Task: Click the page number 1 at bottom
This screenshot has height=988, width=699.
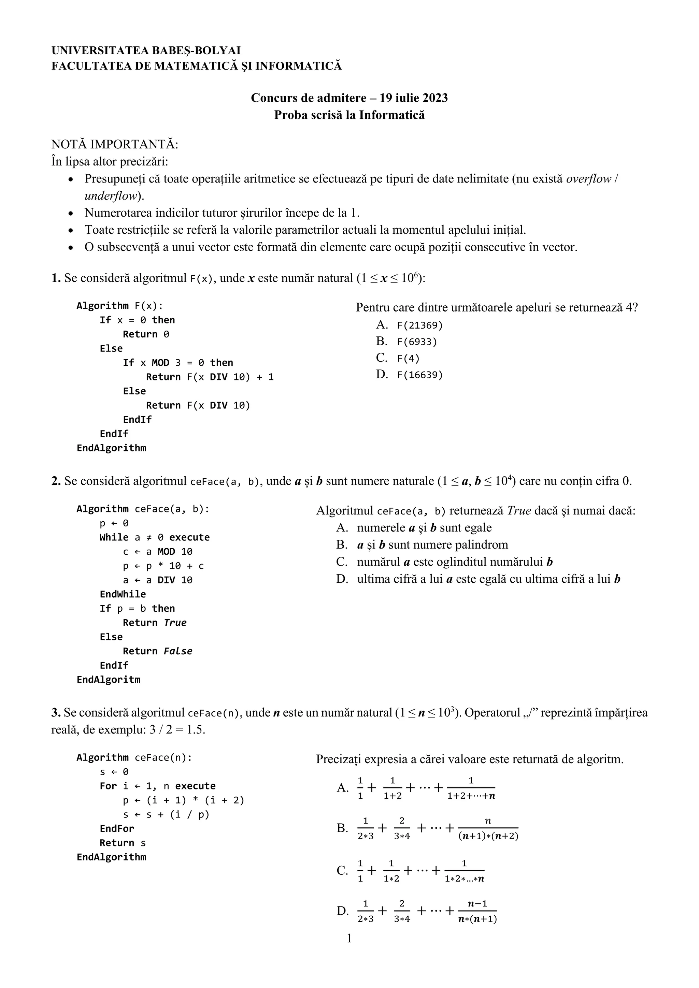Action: click(x=349, y=938)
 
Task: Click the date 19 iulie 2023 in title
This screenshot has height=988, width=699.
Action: click(x=414, y=98)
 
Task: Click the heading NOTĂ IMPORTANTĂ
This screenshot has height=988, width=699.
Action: click(x=114, y=144)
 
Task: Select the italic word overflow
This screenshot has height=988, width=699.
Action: click(x=588, y=179)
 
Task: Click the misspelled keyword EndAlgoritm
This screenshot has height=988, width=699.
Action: click(x=109, y=680)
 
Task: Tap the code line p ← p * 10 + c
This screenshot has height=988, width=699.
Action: click(x=163, y=566)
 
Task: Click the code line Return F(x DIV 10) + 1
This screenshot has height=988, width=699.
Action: click(x=210, y=377)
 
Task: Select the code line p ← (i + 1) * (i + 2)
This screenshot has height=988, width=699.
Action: click(x=183, y=800)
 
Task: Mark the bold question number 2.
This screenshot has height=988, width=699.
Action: click(x=56, y=481)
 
